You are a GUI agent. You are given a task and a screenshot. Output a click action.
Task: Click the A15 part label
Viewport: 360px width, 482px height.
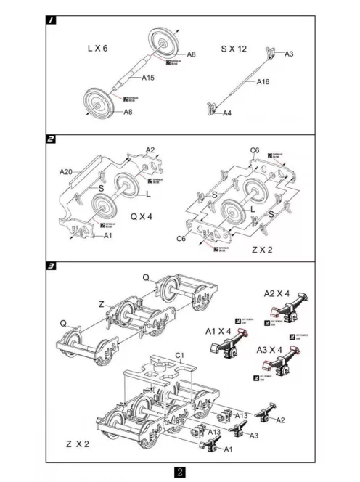(148, 78)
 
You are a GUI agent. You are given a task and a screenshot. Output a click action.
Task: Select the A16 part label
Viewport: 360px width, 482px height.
(263, 83)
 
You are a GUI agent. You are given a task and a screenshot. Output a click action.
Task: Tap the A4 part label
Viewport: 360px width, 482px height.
(227, 113)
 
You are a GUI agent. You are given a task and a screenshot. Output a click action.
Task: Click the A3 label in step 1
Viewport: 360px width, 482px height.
(288, 54)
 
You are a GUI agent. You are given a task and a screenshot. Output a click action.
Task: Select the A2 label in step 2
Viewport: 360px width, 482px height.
(150, 150)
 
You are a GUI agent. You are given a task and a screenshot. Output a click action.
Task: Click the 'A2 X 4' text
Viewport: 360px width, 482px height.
(276, 293)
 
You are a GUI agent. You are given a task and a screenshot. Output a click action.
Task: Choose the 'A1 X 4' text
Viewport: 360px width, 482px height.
(218, 331)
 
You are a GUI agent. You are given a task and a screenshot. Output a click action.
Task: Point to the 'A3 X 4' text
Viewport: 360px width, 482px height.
(271, 350)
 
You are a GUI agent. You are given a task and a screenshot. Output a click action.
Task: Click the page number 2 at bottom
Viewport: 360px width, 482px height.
(180, 472)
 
